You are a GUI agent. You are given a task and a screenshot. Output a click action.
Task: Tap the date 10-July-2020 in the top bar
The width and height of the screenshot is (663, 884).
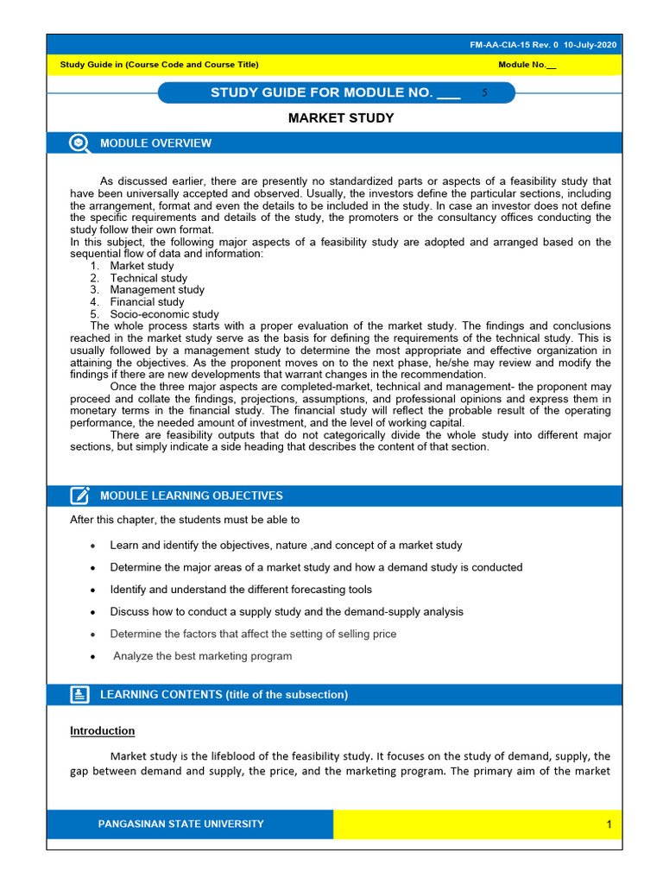coord(590,45)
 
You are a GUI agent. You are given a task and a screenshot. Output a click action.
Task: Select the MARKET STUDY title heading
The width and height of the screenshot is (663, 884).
coord(341,118)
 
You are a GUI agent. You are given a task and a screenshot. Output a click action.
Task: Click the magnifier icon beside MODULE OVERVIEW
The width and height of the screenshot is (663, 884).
coord(79,144)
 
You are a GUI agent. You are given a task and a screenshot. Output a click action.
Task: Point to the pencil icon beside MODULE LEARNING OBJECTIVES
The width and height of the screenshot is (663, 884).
coord(79,496)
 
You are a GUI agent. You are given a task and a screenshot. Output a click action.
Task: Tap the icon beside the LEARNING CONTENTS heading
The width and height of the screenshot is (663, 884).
coord(79,695)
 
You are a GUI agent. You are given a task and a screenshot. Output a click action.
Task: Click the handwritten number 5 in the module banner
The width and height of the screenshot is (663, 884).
coord(485,92)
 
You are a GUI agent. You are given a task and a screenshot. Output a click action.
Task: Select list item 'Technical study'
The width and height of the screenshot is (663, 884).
coord(148,278)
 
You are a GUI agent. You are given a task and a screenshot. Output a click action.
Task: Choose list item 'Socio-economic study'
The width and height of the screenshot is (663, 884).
coord(164,314)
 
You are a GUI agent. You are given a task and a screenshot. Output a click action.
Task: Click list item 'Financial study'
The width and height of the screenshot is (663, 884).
coord(147,302)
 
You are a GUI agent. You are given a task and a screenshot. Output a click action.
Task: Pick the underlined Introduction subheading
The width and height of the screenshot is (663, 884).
coord(102,731)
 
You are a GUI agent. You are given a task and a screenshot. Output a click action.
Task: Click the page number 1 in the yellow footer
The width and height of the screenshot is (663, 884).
coord(609,824)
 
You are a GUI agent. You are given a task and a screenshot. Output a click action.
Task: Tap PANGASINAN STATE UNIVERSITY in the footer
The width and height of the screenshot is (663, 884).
coord(181,824)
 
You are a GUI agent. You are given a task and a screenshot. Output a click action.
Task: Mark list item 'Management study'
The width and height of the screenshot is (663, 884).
coord(157,290)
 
